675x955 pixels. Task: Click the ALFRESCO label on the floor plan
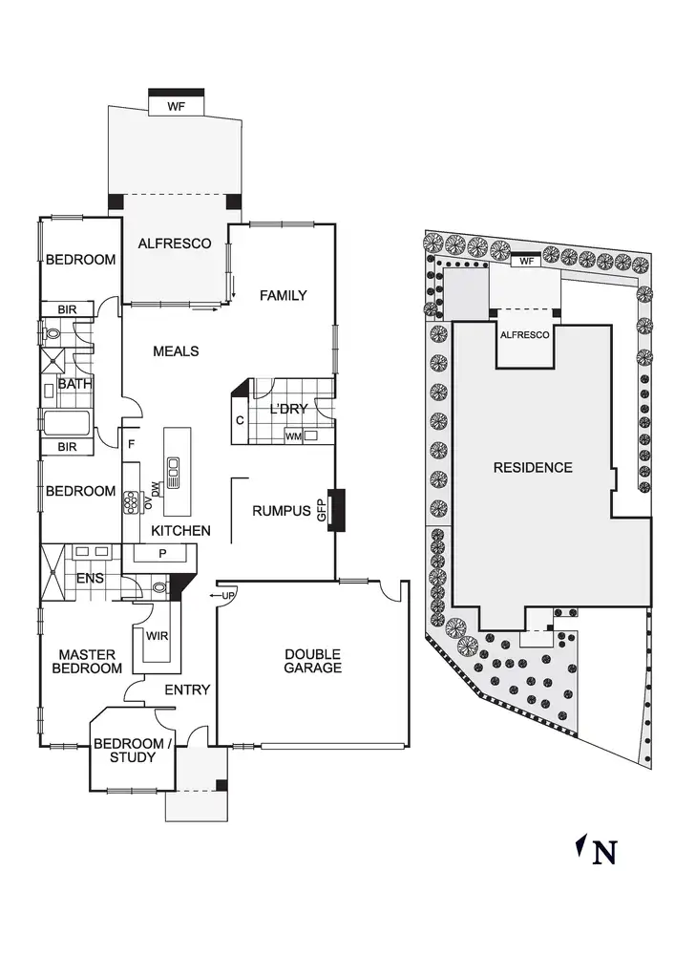coord(175,244)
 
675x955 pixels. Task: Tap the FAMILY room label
coord(284,295)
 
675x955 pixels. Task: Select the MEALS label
coord(176,351)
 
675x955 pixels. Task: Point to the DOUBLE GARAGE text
coord(312,661)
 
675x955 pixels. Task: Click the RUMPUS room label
coord(282,511)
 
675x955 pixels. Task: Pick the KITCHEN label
coord(181,530)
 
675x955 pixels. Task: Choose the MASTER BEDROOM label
coord(87,661)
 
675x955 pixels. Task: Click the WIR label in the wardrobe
coord(158,636)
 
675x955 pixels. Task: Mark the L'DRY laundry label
coord(288,410)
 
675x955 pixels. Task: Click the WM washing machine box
coord(293,436)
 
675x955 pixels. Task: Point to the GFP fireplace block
coord(336,510)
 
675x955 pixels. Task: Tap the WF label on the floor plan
coord(176,107)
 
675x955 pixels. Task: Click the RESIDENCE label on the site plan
coord(533,468)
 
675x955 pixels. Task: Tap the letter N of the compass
coord(603,852)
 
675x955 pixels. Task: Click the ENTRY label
coord(187,690)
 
